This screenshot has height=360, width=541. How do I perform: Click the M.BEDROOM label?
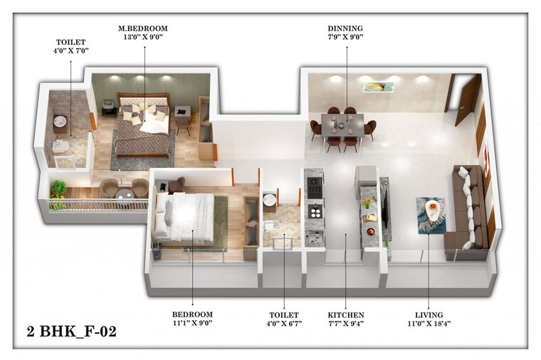pyautogui.click(x=143, y=28)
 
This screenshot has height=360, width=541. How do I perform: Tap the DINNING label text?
pyautogui.click(x=345, y=28)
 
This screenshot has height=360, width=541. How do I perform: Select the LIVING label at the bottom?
pyautogui.click(x=429, y=315)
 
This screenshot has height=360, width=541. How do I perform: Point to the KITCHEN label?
pyautogui.click(x=346, y=315)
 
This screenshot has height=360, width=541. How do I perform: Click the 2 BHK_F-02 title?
pyautogui.click(x=70, y=331)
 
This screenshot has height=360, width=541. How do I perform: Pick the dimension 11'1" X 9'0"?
pyautogui.click(x=192, y=323)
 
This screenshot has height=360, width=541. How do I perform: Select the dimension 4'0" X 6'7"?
pyautogui.click(x=283, y=323)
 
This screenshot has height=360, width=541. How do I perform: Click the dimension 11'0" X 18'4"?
pyautogui.click(x=429, y=323)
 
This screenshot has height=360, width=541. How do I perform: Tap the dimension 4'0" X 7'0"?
pyautogui.click(x=71, y=51)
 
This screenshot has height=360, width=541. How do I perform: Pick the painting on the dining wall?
pyautogui.click(x=378, y=86)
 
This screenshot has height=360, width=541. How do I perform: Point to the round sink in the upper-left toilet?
pyautogui.click(x=60, y=122)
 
